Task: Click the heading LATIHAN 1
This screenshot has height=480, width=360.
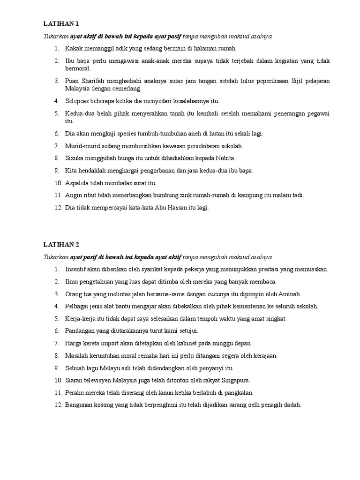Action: [62, 23]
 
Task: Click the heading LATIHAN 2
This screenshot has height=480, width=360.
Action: [62, 245]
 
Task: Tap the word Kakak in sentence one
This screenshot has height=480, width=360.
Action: [74, 48]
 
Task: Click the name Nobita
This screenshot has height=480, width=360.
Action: [225, 158]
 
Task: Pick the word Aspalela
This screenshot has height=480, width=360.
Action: [78, 183]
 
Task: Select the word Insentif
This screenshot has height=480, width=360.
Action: [77, 270]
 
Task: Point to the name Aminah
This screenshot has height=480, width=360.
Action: [290, 294]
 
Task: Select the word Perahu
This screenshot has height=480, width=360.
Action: [76, 392]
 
